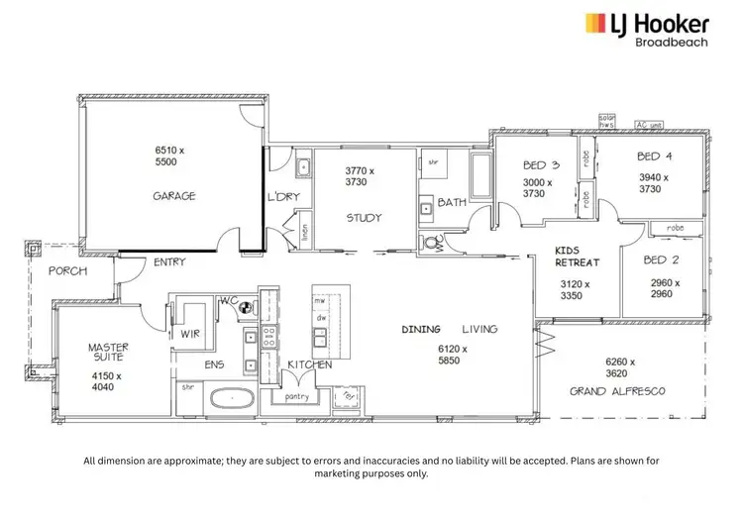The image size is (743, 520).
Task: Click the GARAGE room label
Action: (x=173, y=196)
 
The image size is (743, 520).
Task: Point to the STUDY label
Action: (x=364, y=218)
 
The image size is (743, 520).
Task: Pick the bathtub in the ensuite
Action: (x=231, y=399)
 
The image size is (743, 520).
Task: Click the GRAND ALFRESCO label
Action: (x=617, y=391)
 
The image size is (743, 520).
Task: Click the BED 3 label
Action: (x=541, y=166)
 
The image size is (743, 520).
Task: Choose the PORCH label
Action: (x=67, y=270)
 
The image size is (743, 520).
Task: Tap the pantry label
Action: (x=296, y=397)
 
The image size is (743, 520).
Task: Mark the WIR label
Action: (x=190, y=335)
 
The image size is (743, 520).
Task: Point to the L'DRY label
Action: (x=282, y=196)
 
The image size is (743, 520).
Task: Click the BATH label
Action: (x=452, y=203)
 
